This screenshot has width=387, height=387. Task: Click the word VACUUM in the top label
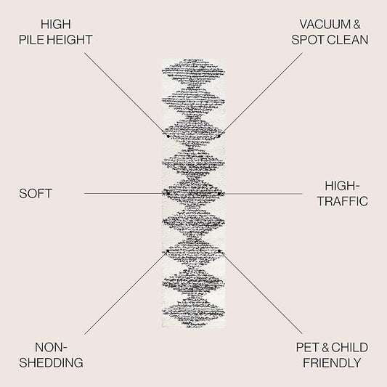point(325,25)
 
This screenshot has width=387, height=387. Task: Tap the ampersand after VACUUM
point(357,25)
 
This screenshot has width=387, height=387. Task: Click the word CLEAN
point(349,40)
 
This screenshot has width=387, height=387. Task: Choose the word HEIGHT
point(70,40)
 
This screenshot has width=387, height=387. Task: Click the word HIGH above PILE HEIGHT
point(56,25)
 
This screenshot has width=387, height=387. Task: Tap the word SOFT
point(36,193)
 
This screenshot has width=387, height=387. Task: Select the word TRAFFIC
point(343,201)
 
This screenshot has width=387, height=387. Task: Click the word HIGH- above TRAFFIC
point(342,186)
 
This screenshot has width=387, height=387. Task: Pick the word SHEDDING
point(51,362)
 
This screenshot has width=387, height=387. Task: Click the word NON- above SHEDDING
point(51,348)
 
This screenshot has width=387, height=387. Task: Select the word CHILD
point(349,348)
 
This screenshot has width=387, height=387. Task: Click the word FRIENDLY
point(332,363)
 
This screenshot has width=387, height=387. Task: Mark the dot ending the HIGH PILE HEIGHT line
point(168,137)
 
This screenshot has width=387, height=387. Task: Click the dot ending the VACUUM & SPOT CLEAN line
point(219,137)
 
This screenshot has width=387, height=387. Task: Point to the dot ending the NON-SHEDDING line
point(168,251)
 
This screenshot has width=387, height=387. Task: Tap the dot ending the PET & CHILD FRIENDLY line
point(219,251)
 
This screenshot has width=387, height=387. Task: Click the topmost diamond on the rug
point(193,71)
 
